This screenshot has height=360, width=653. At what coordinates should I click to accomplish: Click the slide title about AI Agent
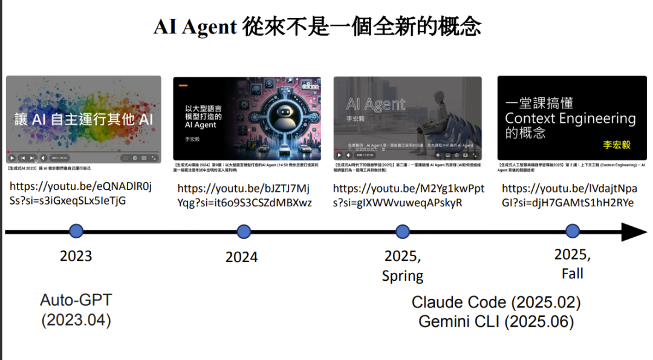(x=317, y=27)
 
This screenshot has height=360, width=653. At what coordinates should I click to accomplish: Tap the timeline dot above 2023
(x=76, y=231)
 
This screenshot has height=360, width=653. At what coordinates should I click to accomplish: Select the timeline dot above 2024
(x=244, y=231)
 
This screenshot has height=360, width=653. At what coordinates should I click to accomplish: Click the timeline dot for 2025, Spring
(x=402, y=231)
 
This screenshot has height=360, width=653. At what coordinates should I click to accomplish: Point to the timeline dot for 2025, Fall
(x=572, y=231)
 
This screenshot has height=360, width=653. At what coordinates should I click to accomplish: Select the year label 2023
(x=76, y=256)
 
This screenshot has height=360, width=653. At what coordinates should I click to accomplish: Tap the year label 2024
(x=242, y=257)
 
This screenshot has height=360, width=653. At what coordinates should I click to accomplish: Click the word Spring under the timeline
(x=403, y=276)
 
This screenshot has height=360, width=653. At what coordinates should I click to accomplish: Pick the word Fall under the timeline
(x=572, y=273)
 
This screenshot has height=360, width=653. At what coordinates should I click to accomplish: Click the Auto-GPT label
(x=76, y=300)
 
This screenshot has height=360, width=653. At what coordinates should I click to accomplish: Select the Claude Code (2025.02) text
(x=496, y=303)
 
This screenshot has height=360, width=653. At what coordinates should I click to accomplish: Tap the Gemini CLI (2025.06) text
(x=496, y=322)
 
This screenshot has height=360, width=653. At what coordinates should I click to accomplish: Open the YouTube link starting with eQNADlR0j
(x=81, y=193)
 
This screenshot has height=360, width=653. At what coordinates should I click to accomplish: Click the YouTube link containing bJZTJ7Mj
(x=244, y=195)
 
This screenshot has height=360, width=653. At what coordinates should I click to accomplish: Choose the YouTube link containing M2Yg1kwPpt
(x=409, y=195)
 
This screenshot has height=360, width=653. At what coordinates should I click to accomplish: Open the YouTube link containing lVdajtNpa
(x=569, y=195)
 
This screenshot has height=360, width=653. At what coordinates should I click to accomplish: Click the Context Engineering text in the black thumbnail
(x=570, y=119)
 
